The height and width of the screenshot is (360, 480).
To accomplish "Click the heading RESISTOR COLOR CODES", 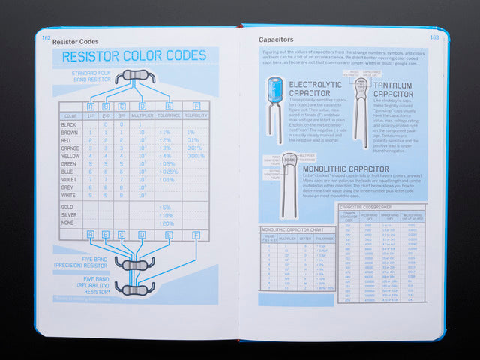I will pos(133,56).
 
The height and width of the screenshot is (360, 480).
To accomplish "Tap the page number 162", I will pos(46,37).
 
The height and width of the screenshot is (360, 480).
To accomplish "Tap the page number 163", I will pos(433,37).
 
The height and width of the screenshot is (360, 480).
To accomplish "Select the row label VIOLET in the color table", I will pos(70,180).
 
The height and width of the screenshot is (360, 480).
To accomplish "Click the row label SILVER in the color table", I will pos(69,215).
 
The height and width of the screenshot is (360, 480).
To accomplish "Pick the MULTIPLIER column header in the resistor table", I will pos(142,116).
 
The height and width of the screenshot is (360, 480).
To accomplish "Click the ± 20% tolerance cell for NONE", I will pos(166,223).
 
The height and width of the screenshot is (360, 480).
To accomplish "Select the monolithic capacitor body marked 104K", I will pos(288,160).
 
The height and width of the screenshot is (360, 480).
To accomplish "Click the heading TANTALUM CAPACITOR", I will pos(393,91).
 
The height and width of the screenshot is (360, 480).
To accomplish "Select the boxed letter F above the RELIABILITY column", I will pos(196,105).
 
